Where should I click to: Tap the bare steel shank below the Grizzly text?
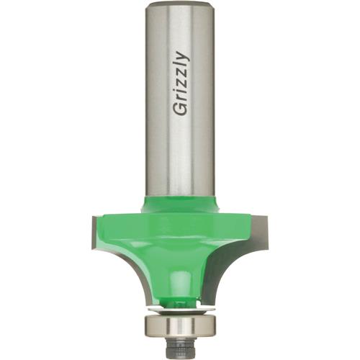coord(180,158)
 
